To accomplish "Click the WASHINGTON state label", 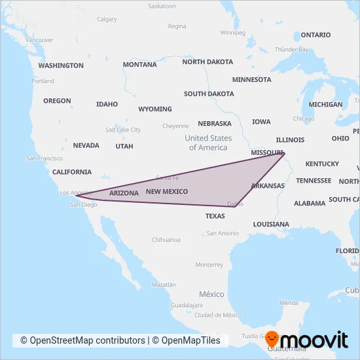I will [61, 65].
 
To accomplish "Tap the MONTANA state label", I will [139, 65].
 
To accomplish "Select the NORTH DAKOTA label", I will [207, 62].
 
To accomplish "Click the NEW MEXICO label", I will [166, 192].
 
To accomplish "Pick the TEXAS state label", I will [215, 216].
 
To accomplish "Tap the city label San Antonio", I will [223, 233].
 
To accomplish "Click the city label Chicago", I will [304, 118].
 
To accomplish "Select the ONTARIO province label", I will [315, 35].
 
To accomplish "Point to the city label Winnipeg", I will [232, 32].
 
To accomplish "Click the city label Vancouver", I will [39, 40].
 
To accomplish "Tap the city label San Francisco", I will [44, 158].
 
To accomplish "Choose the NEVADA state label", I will [86, 145].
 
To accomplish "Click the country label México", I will [211, 295].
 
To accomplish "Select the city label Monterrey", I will [209, 264].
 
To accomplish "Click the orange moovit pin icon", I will [272, 340].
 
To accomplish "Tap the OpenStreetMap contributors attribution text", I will [82, 340].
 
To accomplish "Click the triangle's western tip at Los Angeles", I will [76, 195].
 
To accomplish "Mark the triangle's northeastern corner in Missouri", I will [285, 153].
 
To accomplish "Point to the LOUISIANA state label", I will [270, 225].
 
